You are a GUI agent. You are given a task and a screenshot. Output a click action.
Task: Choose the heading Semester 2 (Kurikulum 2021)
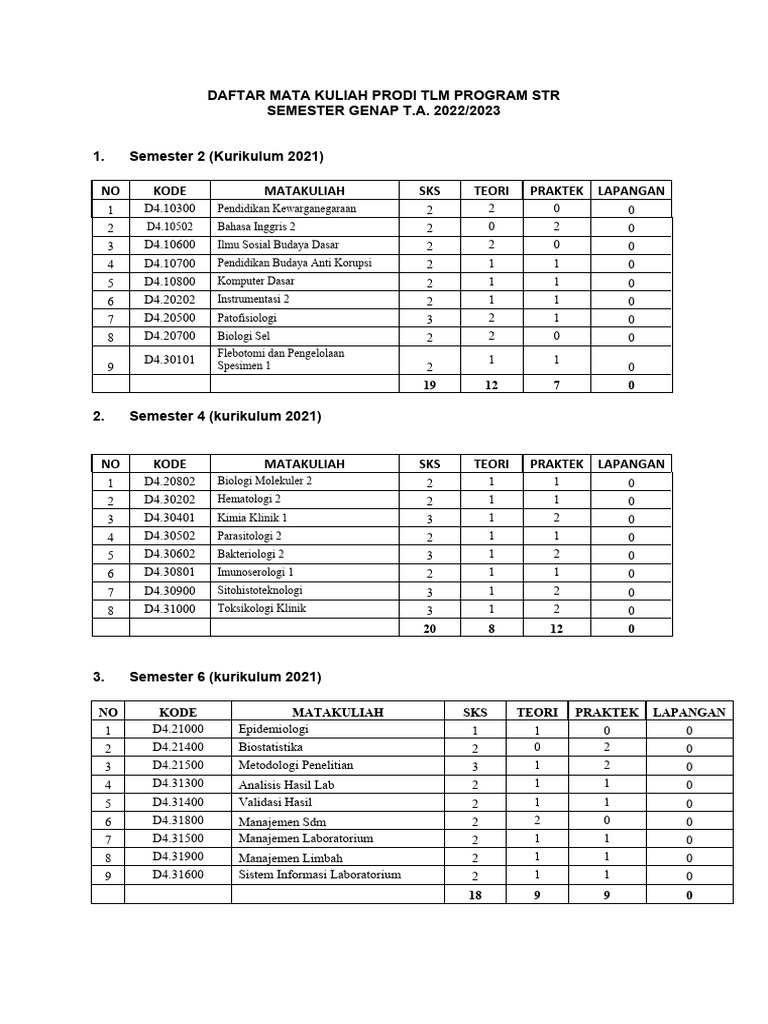[x=227, y=158]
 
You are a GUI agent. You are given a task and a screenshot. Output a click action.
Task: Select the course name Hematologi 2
[x=249, y=499]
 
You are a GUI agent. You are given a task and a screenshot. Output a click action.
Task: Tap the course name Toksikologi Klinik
[x=262, y=608]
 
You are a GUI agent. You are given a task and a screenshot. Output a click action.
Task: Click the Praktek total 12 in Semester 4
[x=556, y=628]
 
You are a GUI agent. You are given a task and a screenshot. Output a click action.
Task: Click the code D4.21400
[x=178, y=747]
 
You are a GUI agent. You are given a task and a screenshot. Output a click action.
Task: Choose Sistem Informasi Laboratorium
[x=319, y=874]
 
